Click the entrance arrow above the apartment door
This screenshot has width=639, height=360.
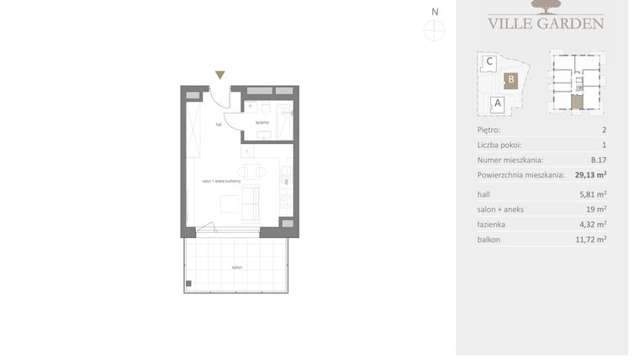point(220,76)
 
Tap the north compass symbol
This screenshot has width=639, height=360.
point(435,31)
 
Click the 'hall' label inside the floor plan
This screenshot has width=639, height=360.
point(219,124)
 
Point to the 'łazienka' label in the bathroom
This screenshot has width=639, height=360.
point(262,122)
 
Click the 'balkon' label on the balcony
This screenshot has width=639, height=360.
point(238,267)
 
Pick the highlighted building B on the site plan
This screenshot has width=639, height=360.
point(509,81)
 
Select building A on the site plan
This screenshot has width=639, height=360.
point(497,103)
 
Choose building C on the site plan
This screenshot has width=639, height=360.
point(489,61)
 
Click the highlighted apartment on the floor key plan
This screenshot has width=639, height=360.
point(576,102)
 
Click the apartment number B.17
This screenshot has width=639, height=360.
point(598,160)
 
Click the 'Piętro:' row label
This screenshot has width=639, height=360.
point(488,130)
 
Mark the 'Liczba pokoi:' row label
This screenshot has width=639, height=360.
point(499,146)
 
